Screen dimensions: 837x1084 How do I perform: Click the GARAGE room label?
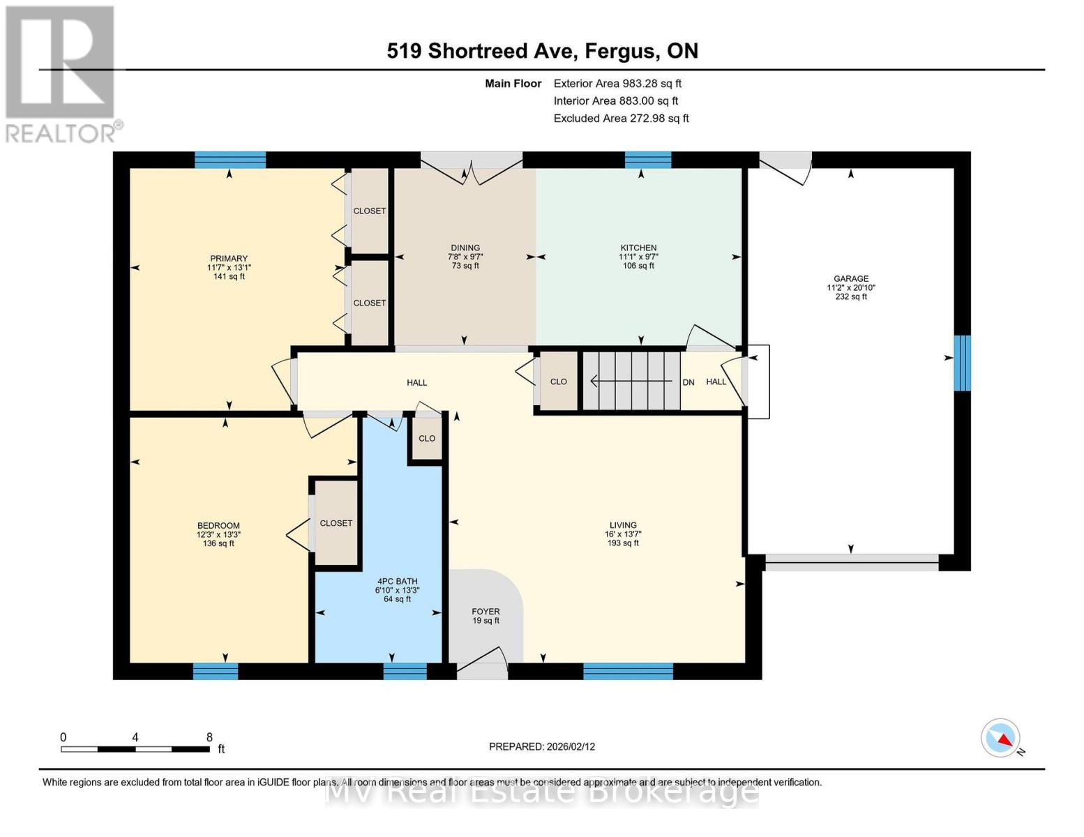coord(850,278)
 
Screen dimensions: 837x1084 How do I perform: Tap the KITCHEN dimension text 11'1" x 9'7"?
coord(638,257)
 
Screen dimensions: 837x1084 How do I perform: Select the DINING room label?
coord(465,248)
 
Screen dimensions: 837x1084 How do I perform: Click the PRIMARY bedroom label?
coord(228,259)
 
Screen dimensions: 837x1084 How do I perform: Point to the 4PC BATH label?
coord(397,581)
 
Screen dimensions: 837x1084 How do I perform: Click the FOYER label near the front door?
coord(485,612)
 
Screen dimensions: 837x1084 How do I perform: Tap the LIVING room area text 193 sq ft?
coord(623,543)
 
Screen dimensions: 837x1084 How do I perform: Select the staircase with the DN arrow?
coord(631,382)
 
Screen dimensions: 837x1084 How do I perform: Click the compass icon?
coord(1001,738)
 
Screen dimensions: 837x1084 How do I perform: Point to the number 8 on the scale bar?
coord(209,737)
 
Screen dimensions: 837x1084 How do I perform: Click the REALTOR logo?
coord(61,73)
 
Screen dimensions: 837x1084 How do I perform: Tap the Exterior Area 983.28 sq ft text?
coord(617,83)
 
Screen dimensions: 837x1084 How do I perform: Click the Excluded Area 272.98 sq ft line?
coord(621,119)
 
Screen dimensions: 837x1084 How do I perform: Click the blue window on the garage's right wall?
coord(962,363)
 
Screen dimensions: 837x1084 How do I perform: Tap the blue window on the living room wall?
coord(628,671)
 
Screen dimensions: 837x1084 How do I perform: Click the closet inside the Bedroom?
coord(336,522)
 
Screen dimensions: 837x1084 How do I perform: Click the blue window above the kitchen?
coord(647,160)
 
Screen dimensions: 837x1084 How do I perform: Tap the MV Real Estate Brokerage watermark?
coord(542,792)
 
